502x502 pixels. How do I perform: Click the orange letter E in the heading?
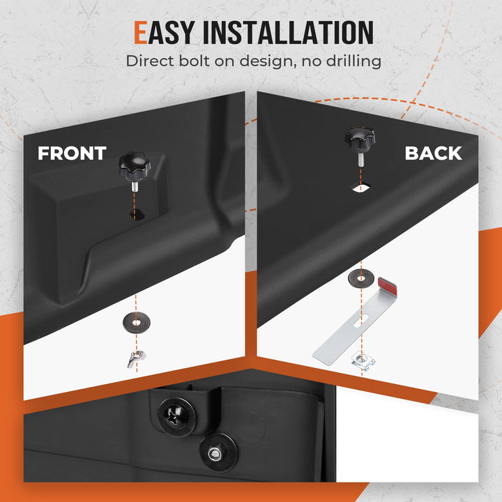coord(141,32)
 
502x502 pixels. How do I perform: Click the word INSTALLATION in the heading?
coord(288,32)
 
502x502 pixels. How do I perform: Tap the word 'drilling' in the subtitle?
coord(353,61)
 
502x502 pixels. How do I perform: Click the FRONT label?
coord(72,153)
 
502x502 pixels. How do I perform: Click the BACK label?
coord(433,153)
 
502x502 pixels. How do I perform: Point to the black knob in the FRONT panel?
coord(135,167)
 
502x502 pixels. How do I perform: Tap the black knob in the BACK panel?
coord(360,140)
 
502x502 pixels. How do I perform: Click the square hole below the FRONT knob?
coord(137,215)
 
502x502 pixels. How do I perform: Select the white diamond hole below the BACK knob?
coord(361,188)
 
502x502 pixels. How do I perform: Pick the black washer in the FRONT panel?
coord(137,322)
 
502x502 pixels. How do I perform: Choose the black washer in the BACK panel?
coord(361,278)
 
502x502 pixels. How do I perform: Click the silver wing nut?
coord(137,358)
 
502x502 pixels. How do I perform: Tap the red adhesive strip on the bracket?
coord(387,286)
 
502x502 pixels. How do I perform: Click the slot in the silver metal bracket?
coord(361,321)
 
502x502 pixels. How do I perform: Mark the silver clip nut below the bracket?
coord(363,360)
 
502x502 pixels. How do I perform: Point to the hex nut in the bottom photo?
coord(215,453)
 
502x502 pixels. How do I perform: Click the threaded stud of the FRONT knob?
coord(135,187)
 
